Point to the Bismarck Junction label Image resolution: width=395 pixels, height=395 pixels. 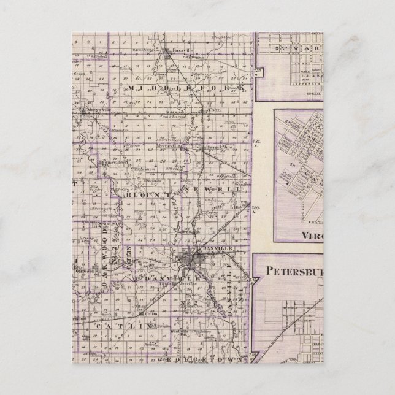click(215, 148)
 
